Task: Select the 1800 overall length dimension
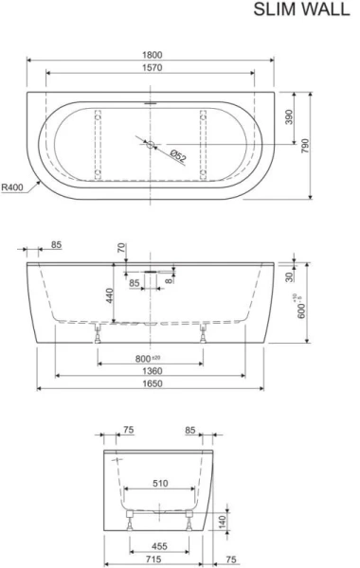pos(152,54)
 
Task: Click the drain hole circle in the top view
pos(150,145)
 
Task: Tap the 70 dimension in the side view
pos(121,249)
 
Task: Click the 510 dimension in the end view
pos(160,484)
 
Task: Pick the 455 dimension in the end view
pos(160,546)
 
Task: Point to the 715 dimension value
pos(158,559)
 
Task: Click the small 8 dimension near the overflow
pos(169,279)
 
